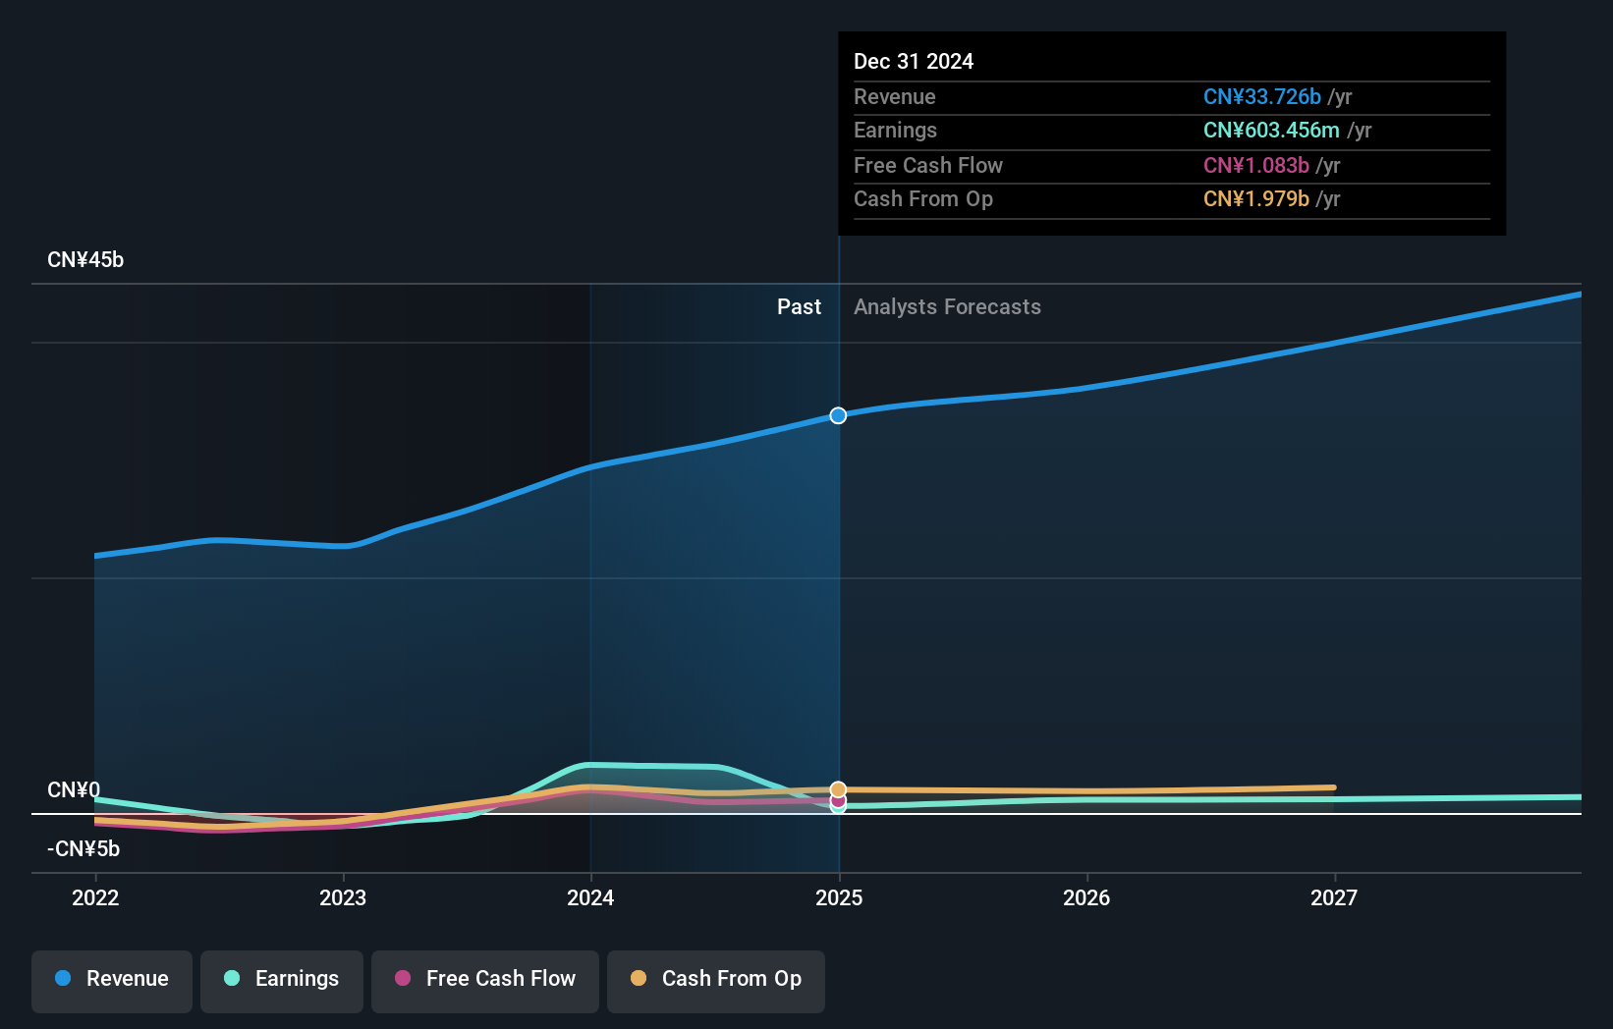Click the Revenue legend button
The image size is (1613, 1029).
pyautogui.click(x=112, y=980)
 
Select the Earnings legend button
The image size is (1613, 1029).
pyautogui.click(x=282, y=980)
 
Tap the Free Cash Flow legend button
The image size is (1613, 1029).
pyautogui.click(x=485, y=980)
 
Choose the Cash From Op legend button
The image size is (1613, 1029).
pyautogui.click(x=716, y=980)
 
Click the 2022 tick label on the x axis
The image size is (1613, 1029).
pyautogui.click(x=95, y=897)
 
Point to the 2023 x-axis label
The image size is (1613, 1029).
pyautogui.click(x=343, y=897)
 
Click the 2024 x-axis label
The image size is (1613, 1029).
pyautogui.click(x=590, y=897)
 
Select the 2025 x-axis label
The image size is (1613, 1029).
pyautogui.click(x=839, y=897)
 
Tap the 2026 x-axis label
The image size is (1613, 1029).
pyautogui.click(x=1086, y=897)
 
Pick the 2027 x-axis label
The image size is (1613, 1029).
pyautogui.click(x=1334, y=897)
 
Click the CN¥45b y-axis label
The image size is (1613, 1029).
pyautogui.click(x=85, y=260)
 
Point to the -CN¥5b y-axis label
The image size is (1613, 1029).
pyautogui.click(x=83, y=849)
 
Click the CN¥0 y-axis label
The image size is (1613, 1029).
pyautogui.click(x=74, y=790)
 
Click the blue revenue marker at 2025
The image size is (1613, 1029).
pyautogui.click(x=838, y=415)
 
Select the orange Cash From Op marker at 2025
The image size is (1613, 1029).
pyautogui.click(x=838, y=789)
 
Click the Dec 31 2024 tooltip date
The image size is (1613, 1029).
pyautogui.click(x=914, y=62)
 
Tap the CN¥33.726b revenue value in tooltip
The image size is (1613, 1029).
pyautogui.click(x=1262, y=97)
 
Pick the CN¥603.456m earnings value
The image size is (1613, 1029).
pyautogui.click(x=1271, y=131)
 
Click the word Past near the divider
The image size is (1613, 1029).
pyautogui.click(x=799, y=307)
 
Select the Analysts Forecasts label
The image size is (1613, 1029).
pyautogui.click(x=947, y=307)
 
